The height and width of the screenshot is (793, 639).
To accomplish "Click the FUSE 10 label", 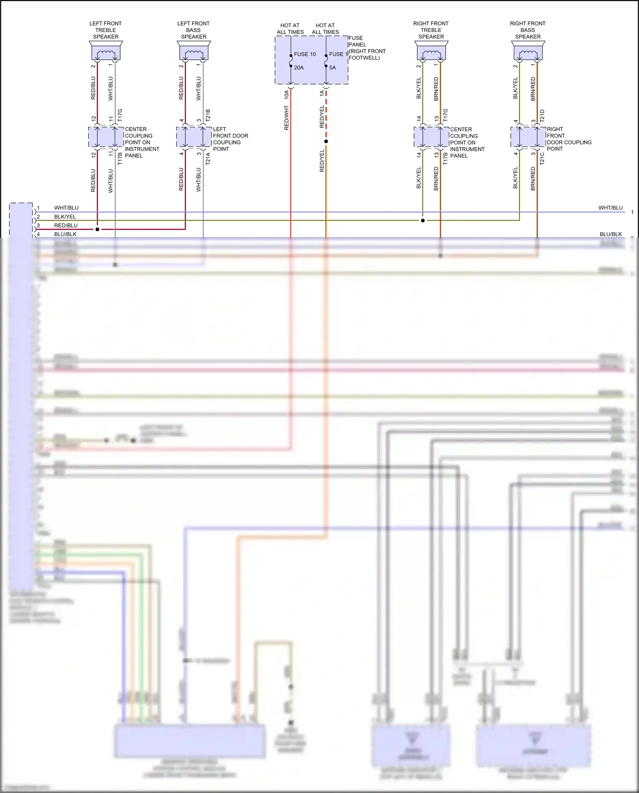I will click(x=305, y=54).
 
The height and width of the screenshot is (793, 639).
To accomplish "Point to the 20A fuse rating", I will click(x=299, y=67).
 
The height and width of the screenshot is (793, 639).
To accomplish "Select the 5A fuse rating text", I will click(x=332, y=67).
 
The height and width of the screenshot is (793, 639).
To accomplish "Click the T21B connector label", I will click(x=208, y=115).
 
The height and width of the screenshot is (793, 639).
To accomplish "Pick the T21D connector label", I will click(x=542, y=115).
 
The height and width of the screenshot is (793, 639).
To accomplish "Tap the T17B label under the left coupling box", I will click(x=120, y=159).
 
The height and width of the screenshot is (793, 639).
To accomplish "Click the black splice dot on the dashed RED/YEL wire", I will click(x=326, y=141).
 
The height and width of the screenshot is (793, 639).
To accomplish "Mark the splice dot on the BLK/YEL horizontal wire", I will click(x=423, y=220).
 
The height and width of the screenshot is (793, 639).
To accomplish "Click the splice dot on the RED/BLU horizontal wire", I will click(x=98, y=229).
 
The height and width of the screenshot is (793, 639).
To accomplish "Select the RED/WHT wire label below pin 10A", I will click(x=286, y=118).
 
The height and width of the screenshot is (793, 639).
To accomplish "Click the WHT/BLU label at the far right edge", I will click(x=610, y=208).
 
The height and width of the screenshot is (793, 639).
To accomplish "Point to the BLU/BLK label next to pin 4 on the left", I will click(x=65, y=234).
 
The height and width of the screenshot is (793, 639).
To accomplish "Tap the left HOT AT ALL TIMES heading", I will click(x=290, y=29).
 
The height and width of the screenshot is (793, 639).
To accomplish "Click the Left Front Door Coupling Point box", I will click(x=194, y=137).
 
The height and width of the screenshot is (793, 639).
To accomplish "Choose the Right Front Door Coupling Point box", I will click(x=528, y=137).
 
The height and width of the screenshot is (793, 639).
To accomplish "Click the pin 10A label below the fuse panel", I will click(x=286, y=94).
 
